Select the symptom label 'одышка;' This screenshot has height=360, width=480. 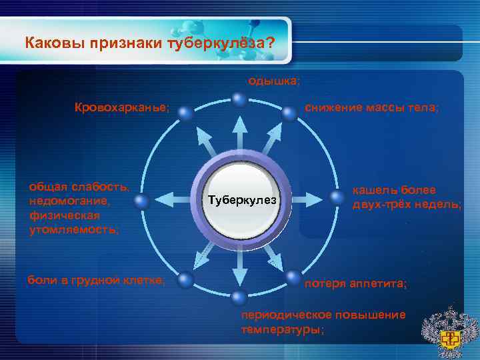(273, 81)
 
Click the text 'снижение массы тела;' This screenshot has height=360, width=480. (371, 107)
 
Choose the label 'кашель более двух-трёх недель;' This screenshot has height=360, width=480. (406, 197)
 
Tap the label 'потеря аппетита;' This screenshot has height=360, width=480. (355, 284)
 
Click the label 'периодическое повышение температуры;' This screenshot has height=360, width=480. (323, 321)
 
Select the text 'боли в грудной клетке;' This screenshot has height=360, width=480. (96, 280)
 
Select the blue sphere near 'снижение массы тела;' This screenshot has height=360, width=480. (289, 114)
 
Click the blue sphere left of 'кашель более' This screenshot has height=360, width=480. (336, 197)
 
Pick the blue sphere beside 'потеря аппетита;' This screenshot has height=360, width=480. (293, 276)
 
